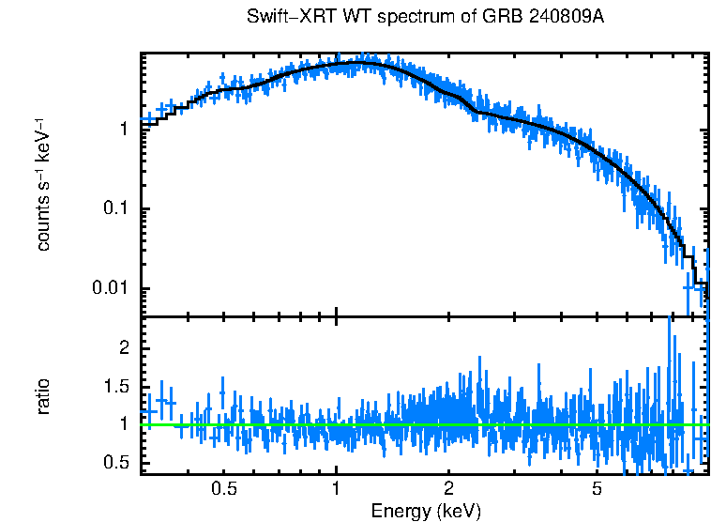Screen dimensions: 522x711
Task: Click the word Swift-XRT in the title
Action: click(x=282, y=18)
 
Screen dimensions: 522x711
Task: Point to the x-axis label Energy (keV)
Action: click(x=426, y=511)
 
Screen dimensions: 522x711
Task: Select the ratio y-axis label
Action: click(x=42, y=396)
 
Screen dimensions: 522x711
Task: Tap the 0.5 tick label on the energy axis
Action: click(x=223, y=489)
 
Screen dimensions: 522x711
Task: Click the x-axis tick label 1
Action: click(x=336, y=489)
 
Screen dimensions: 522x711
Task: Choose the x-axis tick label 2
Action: click(x=449, y=489)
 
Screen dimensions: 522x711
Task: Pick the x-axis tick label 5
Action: click(x=597, y=489)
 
